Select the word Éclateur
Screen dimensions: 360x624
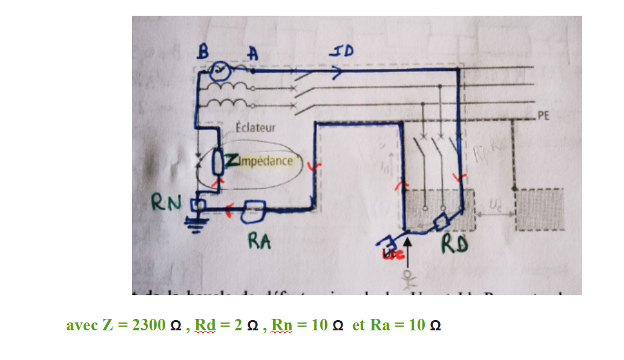pyautogui.click(x=256, y=128)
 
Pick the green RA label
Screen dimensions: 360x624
pyautogui.click(x=259, y=241)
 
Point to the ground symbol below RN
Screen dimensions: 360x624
pyautogui.click(x=195, y=224)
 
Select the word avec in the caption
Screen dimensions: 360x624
pyautogui.click(x=82, y=326)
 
